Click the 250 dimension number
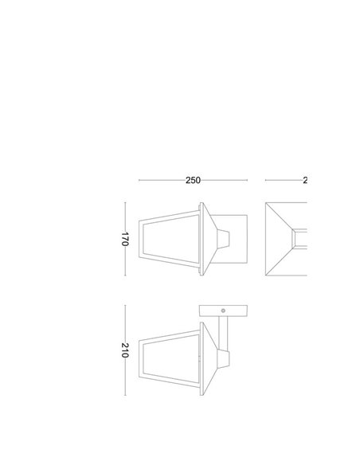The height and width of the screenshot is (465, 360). point(193,181)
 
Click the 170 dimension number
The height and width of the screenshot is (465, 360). point(125,239)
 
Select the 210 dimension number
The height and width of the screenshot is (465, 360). point(125,350)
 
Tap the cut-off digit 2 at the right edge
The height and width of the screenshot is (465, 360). point(304,181)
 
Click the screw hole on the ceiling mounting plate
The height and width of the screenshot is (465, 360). point(224,311)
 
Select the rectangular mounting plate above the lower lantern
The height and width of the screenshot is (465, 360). point(224,311)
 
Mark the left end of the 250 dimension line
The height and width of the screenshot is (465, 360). point(139,181)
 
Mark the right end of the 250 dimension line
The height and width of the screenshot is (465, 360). point(248,181)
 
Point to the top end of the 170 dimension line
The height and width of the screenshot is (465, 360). point(125,202)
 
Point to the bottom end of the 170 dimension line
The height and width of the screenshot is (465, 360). point(125,275)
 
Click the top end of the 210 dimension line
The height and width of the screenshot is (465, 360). point(125,305)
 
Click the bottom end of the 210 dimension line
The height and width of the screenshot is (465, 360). point(125,396)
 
